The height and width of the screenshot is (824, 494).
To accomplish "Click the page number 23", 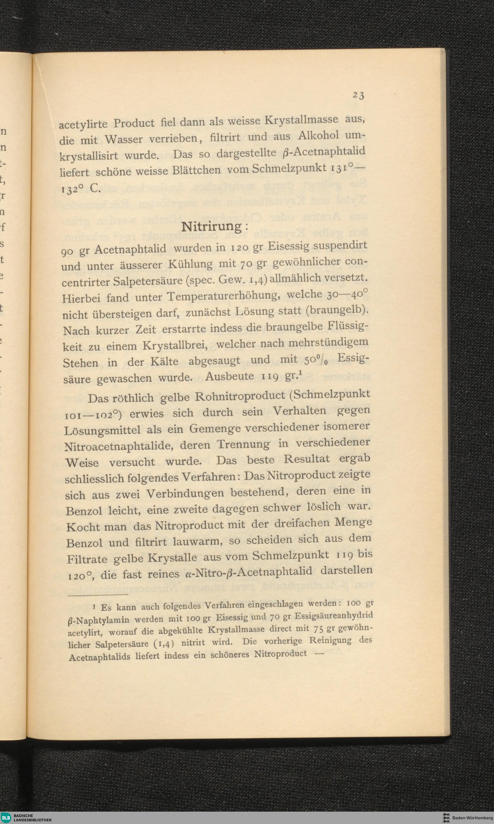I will pyautogui.click(x=358, y=95).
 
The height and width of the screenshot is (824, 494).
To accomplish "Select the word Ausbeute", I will pyautogui.click(x=230, y=377).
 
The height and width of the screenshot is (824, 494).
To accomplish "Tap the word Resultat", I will pyautogui.click(x=306, y=459).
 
